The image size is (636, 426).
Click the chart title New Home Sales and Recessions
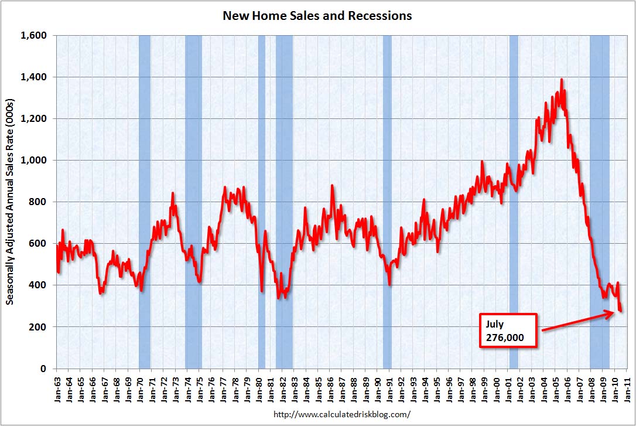tap(317, 16)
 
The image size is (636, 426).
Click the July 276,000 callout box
tap(508, 330)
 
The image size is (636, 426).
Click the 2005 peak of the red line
tap(562, 80)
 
